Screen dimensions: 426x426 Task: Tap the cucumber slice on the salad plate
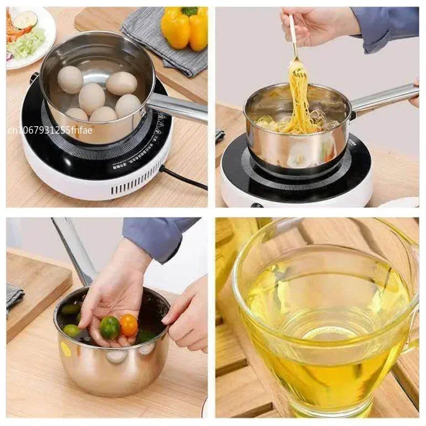click(x=25, y=20)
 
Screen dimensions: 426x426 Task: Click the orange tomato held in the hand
click(x=128, y=324)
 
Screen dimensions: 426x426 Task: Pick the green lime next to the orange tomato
click(x=110, y=327)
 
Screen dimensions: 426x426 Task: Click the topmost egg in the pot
click(x=70, y=79)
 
